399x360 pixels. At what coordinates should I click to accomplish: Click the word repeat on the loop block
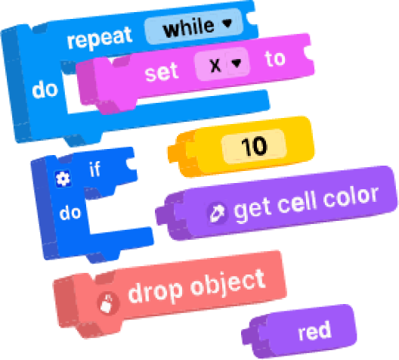tap(100, 38)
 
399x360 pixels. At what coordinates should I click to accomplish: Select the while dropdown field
tap(193, 26)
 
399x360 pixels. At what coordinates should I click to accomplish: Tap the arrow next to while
tap(227, 23)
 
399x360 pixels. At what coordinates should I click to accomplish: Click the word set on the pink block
tap(161, 73)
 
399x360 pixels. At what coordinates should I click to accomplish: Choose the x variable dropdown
tap(222, 64)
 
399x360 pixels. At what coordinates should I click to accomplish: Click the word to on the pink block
tap(275, 58)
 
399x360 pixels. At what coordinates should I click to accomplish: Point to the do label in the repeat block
tap(45, 89)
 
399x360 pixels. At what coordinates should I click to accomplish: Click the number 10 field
tap(255, 146)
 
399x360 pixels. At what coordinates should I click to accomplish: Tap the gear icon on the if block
tap(63, 178)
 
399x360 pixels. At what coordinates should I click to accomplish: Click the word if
tap(94, 169)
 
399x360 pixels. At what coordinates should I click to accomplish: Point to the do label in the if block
tap(70, 213)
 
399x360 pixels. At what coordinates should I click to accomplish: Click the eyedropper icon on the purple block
tap(217, 213)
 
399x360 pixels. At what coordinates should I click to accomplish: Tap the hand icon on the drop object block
tap(107, 303)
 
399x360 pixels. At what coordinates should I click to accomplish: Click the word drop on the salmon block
tap(155, 292)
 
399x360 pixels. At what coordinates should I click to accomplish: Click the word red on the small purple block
tap(314, 331)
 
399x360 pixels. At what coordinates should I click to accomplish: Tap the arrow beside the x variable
tap(237, 63)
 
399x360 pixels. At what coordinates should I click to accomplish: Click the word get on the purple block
tap(252, 210)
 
